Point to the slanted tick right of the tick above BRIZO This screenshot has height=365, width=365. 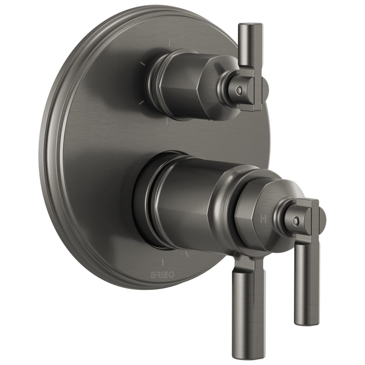pyautogui.click(x=187, y=254)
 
